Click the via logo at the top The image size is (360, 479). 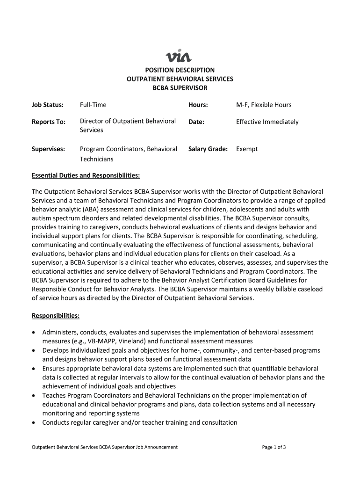[179, 57]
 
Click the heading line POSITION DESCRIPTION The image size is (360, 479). [180, 70]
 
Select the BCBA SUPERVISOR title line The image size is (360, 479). [180, 88]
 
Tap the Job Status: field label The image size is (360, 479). [47, 105]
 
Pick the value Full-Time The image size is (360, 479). [93, 105]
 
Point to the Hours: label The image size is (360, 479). [198, 105]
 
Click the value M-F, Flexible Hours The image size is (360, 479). [264, 105]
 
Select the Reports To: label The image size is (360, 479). [49, 122]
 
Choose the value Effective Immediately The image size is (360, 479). [267, 122]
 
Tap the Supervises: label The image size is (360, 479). [48, 149]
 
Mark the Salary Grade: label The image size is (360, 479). [208, 149]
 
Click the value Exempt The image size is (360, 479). [247, 149]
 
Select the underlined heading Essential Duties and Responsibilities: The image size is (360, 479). [86, 176]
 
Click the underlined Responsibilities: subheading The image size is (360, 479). [56, 316]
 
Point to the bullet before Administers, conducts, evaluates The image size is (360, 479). [34, 333]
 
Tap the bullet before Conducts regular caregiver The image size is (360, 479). [34, 423]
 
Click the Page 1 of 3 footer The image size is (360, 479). [274, 447]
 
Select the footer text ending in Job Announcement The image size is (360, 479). [105, 447]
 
